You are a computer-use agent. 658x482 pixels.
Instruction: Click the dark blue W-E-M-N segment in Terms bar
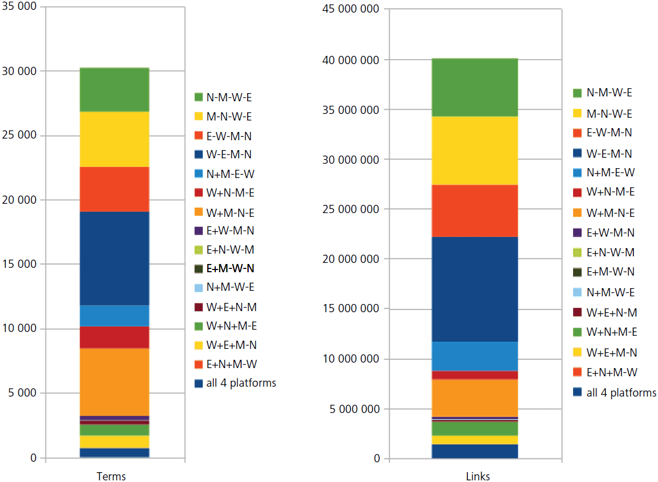(x=115, y=258)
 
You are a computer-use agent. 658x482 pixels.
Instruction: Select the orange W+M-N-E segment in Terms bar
(x=115, y=382)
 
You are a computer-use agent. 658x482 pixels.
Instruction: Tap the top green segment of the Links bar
(x=475, y=87)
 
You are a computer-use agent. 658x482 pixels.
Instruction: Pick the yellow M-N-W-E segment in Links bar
(x=475, y=151)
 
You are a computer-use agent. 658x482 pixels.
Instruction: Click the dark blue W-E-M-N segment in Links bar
(x=475, y=289)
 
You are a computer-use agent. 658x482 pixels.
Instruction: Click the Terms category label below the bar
(x=111, y=476)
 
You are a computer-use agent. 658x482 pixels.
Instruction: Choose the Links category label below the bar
(x=475, y=476)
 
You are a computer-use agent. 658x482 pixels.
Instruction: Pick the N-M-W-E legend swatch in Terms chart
(x=198, y=97)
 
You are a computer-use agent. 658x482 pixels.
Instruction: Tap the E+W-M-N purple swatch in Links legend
(x=577, y=233)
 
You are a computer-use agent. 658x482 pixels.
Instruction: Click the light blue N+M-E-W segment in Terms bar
(x=115, y=315)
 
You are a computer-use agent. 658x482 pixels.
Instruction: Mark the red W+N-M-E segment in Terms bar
(x=115, y=337)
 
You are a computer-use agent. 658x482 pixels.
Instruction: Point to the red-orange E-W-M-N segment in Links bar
(x=475, y=211)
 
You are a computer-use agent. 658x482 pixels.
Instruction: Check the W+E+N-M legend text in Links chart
(x=611, y=313)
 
